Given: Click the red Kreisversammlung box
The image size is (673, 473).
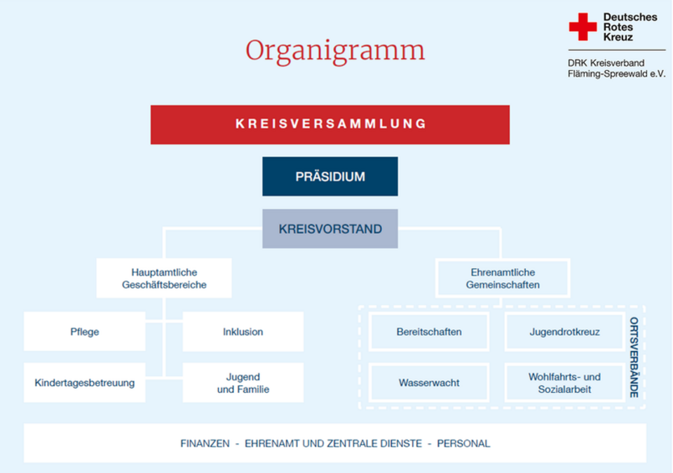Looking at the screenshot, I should [x=330, y=124].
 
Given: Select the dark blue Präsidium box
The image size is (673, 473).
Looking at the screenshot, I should [x=330, y=176].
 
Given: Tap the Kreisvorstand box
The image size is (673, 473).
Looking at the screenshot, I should [x=330, y=229].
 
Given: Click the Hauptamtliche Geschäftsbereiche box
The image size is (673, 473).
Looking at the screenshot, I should [x=164, y=278].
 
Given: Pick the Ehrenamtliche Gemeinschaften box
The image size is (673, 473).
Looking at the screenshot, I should [x=503, y=278].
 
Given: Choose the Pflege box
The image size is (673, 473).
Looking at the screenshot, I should [x=85, y=331].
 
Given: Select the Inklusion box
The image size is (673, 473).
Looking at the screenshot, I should [x=243, y=331].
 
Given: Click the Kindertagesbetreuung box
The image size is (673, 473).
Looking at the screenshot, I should [x=85, y=382].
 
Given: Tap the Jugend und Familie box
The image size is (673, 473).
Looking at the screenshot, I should [x=243, y=382].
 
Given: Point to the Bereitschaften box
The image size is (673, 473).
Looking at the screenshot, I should [x=429, y=331].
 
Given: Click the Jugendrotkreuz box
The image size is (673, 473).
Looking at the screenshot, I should [x=564, y=331].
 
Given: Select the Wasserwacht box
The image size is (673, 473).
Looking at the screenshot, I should [x=429, y=382].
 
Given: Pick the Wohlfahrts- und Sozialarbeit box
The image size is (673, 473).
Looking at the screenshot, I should [x=564, y=382].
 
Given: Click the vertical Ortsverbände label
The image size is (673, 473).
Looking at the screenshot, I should [x=634, y=357].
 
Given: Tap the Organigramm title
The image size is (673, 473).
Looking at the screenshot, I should [x=335, y=51].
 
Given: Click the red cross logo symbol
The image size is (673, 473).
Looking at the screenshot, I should [x=583, y=27].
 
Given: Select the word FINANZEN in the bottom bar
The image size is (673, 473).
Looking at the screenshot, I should [x=205, y=444].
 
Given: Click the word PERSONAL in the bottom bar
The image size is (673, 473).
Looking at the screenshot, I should [x=463, y=444].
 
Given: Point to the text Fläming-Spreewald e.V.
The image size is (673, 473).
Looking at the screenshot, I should [x=616, y=74].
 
